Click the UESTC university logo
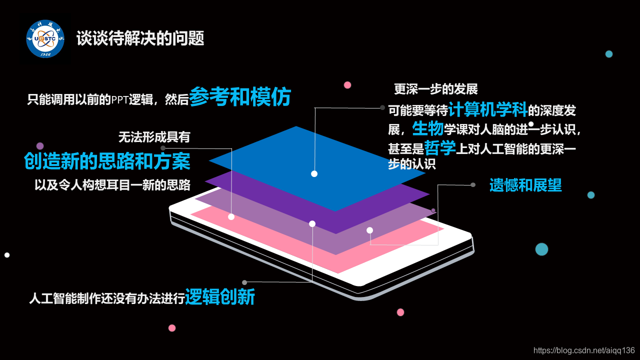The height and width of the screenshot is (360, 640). coord(45,38)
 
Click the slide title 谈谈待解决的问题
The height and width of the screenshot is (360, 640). coord(140,38)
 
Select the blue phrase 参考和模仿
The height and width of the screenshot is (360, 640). coord(240,97)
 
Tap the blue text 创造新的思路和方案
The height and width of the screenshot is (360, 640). coord(107,160)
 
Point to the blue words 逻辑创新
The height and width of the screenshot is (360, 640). coord(220,297)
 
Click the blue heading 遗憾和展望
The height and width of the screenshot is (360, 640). coord(525,185)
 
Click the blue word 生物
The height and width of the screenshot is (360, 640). coord(428,128)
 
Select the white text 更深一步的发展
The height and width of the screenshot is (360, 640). coord(436,89)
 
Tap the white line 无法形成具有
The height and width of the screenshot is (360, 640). coord(154,136)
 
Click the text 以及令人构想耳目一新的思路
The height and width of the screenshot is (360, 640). coord(112,184)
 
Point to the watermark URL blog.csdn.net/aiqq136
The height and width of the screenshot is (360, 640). coord(584,350)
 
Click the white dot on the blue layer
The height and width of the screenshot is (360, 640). coord(314,173)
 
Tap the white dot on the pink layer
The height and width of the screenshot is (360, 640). coord(231,216)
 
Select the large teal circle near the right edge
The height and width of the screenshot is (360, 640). coord(541,249)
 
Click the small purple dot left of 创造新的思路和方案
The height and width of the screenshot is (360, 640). coord(40,146)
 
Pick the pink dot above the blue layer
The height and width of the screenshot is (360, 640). coord(347,85)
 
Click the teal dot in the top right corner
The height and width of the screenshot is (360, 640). coord(608,54)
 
